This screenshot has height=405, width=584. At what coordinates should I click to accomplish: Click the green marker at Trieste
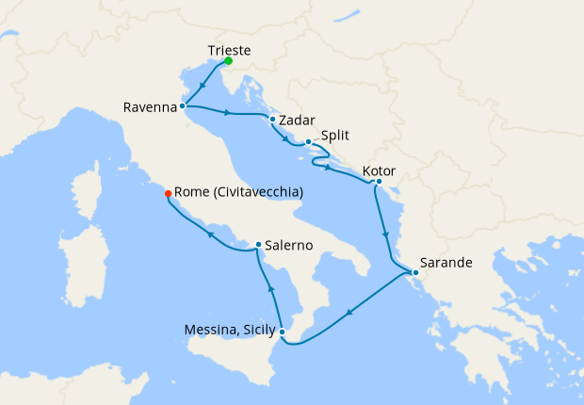(x=228, y=61)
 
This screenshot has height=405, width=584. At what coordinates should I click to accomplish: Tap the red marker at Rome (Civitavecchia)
(x=168, y=193)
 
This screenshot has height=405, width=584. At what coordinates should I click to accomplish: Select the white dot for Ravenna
(x=183, y=106)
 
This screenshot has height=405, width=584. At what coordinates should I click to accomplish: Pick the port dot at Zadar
(x=272, y=120)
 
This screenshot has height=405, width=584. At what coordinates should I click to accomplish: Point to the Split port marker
(x=308, y=142)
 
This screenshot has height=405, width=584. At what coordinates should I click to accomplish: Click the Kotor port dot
(x=379, y=181)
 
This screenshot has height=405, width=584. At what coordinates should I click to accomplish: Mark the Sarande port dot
(x=415, y=273)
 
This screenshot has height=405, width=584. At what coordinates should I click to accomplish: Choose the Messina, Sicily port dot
(x=282, y=331)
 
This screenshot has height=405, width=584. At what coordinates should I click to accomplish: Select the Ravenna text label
(x=150, y=107)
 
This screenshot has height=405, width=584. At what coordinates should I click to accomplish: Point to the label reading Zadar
(x=298, y=121)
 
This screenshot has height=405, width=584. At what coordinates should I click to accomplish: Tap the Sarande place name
(x=446, y=263)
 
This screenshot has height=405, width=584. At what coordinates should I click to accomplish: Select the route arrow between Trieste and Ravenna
(x=203, y=88)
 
